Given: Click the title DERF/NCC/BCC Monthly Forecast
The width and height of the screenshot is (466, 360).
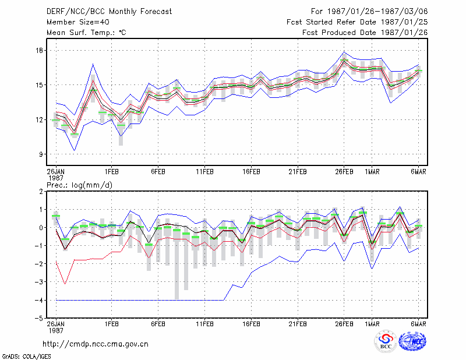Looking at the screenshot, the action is [x=109, y=12].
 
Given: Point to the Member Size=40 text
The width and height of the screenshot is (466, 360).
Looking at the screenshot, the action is [x=78, y=22].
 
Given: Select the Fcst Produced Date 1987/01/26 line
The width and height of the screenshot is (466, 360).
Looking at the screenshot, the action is [x=365, y=33].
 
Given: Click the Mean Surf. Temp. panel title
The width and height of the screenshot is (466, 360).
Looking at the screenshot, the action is [x=86, y=33].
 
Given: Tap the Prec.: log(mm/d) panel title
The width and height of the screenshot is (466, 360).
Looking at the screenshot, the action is [x=79, y=185].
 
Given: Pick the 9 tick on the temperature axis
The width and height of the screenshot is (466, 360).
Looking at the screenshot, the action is [x=41, y=154].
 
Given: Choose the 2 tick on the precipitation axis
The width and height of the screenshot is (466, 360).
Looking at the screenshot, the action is [x=41, y=192].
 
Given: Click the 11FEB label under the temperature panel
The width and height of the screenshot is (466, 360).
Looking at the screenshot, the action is [x=204, y=172].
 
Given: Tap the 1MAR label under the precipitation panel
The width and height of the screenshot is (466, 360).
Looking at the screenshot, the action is [x=372, y=324].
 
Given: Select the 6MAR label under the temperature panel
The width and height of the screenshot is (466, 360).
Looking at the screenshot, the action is [x=418, y=172].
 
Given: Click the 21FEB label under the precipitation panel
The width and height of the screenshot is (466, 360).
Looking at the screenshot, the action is [x=298, y=324].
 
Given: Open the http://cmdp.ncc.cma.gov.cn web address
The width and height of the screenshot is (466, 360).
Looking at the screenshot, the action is [x=96, y=344].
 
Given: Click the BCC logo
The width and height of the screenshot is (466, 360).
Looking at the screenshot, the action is [x=386, y=342].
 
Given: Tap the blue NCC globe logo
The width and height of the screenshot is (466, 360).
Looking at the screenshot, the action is [x=412, y=341].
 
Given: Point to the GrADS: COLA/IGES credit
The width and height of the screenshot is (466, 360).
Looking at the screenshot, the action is [x=26, y=357].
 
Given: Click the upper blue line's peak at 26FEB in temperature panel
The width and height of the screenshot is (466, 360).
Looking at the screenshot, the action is [x=344, y=52].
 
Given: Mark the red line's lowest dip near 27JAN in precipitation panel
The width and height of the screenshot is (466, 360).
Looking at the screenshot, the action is [x=65, y=284].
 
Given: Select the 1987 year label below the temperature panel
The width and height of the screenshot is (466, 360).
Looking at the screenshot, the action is [x=56, y=178].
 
